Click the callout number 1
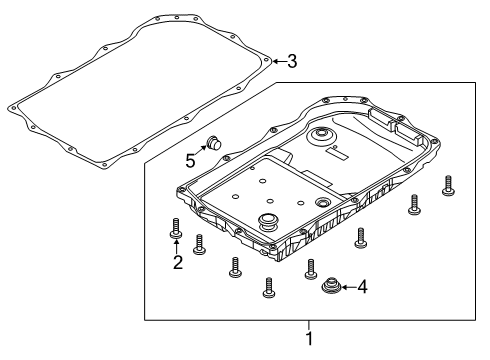tap(309, 339)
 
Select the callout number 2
tap(177, 263)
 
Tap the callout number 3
tap(292, 62)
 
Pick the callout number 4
tap(362, 288)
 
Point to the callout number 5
tap(189, 158)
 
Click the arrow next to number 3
tap(278, 62)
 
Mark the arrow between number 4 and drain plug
tap(345, 288)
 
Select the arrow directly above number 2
tap(177, 246)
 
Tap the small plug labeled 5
tap(213, 143)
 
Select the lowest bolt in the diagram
tap(269, 287)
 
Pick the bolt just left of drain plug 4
tap(310, 268)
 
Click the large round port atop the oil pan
tap(321, 137)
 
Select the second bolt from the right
tap(413, 204)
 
